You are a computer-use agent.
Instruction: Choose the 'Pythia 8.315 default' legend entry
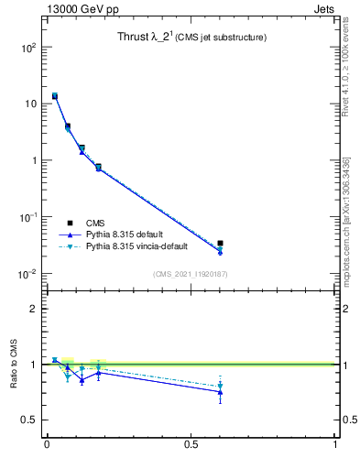tap(129, 234)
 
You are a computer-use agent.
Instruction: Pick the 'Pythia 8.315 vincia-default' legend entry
tap(143, 246)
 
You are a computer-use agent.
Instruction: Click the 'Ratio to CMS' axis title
tap(14, 364)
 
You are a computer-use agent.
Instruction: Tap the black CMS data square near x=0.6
tap(220, 244)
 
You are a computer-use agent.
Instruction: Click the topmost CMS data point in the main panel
tap(55, 96)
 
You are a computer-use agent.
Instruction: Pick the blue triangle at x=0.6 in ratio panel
tap(220, 392)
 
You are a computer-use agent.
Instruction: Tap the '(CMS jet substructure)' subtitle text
tap(223, 38)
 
